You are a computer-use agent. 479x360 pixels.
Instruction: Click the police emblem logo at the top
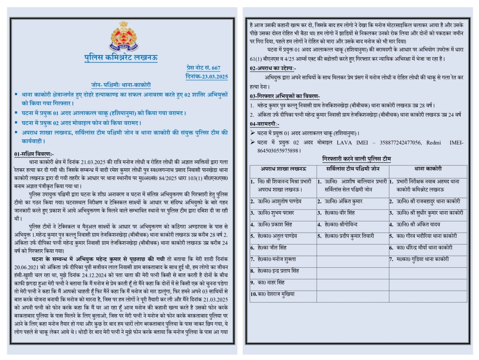point(123,36)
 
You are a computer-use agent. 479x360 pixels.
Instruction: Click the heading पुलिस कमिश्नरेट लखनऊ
point(121,57)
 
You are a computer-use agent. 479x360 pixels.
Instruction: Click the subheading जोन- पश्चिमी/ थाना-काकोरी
point(121,85)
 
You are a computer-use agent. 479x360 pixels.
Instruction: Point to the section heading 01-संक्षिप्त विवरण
point(34,154)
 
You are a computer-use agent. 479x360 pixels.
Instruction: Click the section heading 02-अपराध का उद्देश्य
point(273,68)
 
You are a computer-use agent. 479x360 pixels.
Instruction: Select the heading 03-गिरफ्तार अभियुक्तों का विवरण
point(284,96)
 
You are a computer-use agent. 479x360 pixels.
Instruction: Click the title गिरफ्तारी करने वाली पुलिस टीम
point(356,158)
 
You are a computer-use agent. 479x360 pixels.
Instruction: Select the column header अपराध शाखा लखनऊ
point(283,169)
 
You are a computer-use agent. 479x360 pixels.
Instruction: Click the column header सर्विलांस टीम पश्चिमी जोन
point(353,169)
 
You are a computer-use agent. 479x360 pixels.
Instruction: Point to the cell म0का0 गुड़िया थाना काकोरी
point(422,259)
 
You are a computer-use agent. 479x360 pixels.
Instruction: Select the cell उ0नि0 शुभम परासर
point(276,213)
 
